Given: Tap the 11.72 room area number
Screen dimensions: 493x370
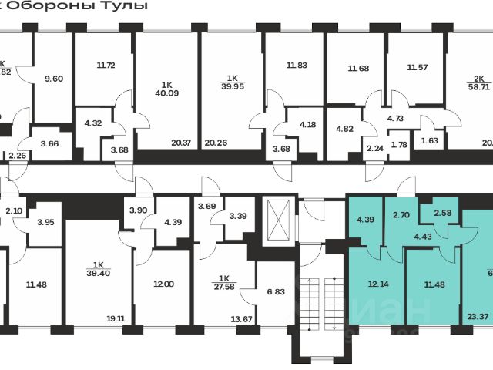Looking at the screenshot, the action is [106, 66].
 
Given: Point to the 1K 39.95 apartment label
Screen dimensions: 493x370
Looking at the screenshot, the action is [232, 82].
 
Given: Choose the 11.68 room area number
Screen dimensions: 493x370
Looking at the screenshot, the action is [357, 69].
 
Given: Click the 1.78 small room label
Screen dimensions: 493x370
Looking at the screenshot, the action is [399, 145].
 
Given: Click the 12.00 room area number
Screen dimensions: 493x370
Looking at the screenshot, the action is [164, 284].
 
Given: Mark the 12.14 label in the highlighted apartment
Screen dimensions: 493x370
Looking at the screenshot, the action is [376, 285].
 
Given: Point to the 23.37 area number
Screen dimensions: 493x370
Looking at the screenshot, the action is [478, 315].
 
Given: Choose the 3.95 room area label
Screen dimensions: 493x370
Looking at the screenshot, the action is [45, 223].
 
